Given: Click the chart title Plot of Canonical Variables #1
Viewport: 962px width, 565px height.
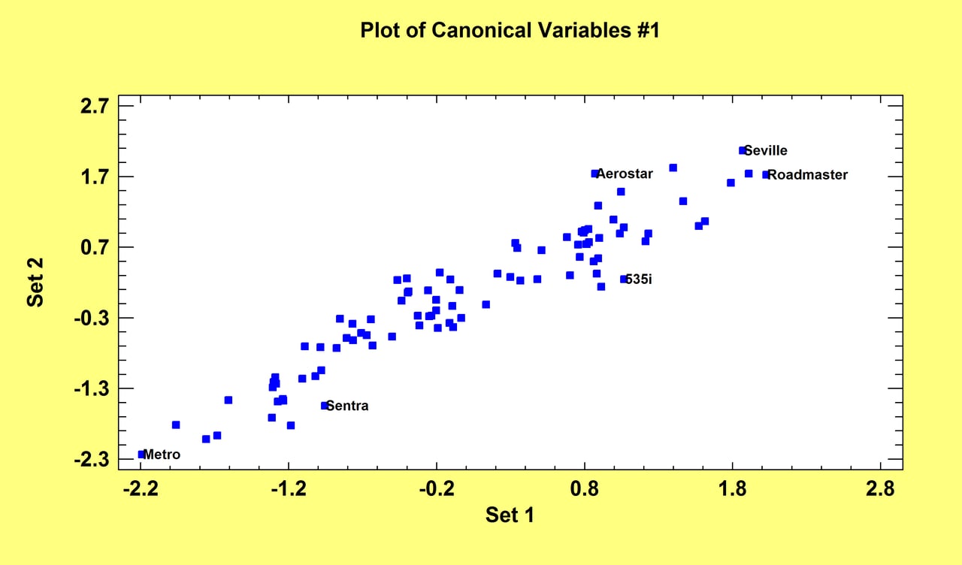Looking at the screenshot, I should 510,31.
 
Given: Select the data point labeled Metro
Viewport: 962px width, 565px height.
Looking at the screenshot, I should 141,455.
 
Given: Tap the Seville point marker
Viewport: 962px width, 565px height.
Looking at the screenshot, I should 743,150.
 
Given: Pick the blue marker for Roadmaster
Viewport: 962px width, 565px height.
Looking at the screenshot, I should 766,175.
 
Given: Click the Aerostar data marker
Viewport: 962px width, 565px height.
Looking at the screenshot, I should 594,174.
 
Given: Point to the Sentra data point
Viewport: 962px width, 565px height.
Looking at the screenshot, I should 325,406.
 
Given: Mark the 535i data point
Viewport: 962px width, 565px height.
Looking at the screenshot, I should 623,279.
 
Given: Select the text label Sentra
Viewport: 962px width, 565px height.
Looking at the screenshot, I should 348,406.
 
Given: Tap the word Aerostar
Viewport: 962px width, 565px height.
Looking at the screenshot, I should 625,174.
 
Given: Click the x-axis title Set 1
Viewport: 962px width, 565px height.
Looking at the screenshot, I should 510,515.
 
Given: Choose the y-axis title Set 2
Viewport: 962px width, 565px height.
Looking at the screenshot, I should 35,282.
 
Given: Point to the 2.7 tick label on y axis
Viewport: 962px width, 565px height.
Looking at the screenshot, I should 95,106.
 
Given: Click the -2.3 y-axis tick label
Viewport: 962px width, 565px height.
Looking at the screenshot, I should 92,460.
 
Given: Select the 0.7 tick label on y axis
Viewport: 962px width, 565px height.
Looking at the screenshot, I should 95,247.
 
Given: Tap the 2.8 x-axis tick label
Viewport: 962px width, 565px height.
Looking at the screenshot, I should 880,489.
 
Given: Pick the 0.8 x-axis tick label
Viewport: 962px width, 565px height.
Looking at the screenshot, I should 585,489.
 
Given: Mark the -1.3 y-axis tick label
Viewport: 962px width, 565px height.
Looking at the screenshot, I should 92,389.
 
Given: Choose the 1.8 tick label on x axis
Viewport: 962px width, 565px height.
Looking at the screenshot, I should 732,489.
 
